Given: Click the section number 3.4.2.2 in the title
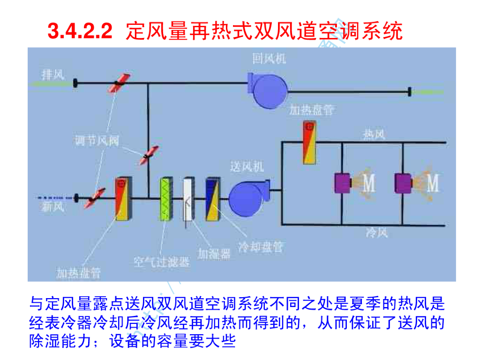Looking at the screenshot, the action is (x=80, y=32).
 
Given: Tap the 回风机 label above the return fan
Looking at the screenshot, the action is (x=269, y=59).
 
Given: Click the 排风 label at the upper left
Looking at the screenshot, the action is (x=52, y=74).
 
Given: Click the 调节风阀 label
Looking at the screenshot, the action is (x=97, y=140).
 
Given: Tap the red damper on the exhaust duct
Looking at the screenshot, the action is (x=117, y=83).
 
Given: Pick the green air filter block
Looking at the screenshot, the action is (x=167, y=199).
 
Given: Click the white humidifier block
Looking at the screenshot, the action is (x=188, y=199).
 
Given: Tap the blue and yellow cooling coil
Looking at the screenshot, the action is (x=212, y=199).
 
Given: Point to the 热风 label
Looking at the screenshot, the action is (x=374, y=135).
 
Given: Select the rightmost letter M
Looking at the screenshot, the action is (x=432, y=183).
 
